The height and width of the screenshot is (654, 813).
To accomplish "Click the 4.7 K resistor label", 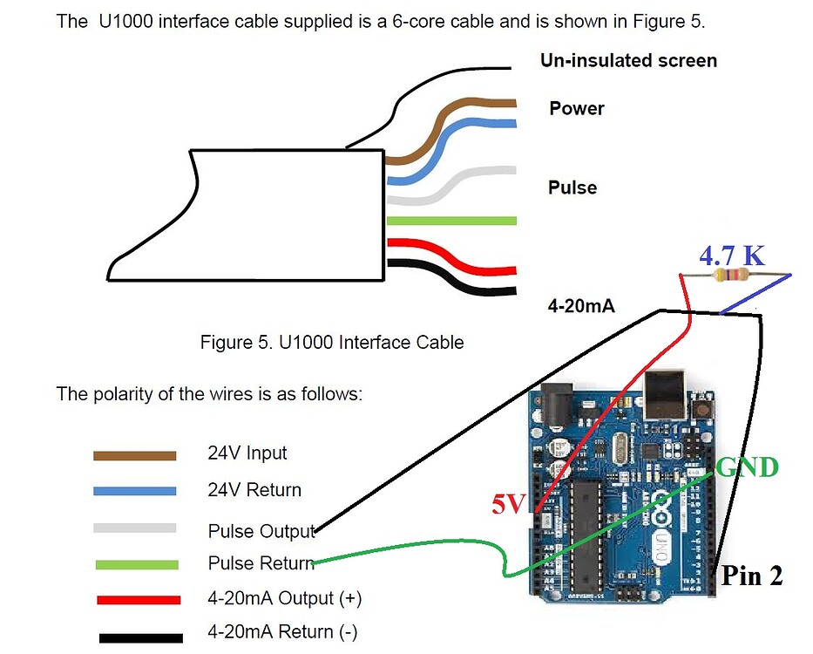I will click(732, 256).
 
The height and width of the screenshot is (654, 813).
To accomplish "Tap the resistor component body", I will click(731, 276).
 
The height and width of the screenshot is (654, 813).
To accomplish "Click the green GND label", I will click(747, 467).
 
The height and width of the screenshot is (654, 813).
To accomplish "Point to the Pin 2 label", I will click(751, 576).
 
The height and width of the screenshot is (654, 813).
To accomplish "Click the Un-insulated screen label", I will click(628, 60).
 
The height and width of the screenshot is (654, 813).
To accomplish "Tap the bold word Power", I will click(577, 108).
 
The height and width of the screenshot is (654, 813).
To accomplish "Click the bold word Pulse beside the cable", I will click(572, 187).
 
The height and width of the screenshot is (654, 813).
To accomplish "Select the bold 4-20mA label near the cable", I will click(581, 306).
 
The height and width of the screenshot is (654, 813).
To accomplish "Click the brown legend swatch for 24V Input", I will click(135, 455).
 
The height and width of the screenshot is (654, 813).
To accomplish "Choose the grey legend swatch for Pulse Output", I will click(135, 528).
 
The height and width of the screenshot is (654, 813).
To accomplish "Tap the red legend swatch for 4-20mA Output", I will click(138, 600).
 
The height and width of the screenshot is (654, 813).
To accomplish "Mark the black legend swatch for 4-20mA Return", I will click(140, 637).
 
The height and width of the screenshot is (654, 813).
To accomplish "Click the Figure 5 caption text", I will click(332, 342).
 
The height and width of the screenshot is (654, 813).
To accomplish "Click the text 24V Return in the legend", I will click(254, 490).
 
